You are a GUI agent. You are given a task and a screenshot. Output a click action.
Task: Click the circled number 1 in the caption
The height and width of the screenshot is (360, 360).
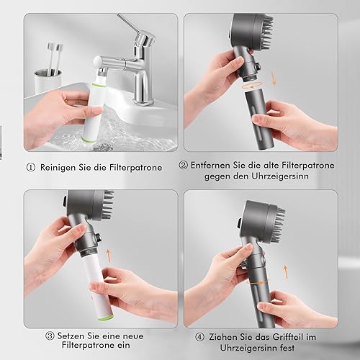pos(30,167)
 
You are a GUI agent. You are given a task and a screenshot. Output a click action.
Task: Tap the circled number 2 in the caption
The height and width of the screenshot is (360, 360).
pos(183,165)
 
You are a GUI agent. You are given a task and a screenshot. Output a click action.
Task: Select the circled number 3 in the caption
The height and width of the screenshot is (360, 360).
pos(50,336)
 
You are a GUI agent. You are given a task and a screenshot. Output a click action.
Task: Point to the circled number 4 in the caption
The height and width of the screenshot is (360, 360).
pos(199,337)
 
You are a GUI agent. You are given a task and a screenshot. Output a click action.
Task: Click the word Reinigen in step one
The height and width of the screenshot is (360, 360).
pos(58,168)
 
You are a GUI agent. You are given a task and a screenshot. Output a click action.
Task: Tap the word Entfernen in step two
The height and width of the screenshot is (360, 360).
pos(210,165)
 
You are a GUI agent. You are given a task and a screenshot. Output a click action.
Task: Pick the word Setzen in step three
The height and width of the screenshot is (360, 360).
pos(71,336)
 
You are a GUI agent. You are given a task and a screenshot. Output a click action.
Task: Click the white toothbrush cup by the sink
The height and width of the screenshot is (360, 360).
pos(48,81)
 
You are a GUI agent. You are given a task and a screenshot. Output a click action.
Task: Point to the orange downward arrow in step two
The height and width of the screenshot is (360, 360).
pos(274,78)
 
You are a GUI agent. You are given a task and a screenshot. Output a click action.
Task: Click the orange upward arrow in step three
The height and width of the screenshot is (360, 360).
pos(109,255)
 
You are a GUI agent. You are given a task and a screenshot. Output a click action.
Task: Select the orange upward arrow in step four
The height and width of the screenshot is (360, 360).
pos(285,271)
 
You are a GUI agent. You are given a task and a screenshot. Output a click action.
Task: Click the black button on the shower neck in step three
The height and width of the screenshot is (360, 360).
pos(98,237)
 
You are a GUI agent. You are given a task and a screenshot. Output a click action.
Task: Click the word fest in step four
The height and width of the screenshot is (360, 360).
pos(287,348)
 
